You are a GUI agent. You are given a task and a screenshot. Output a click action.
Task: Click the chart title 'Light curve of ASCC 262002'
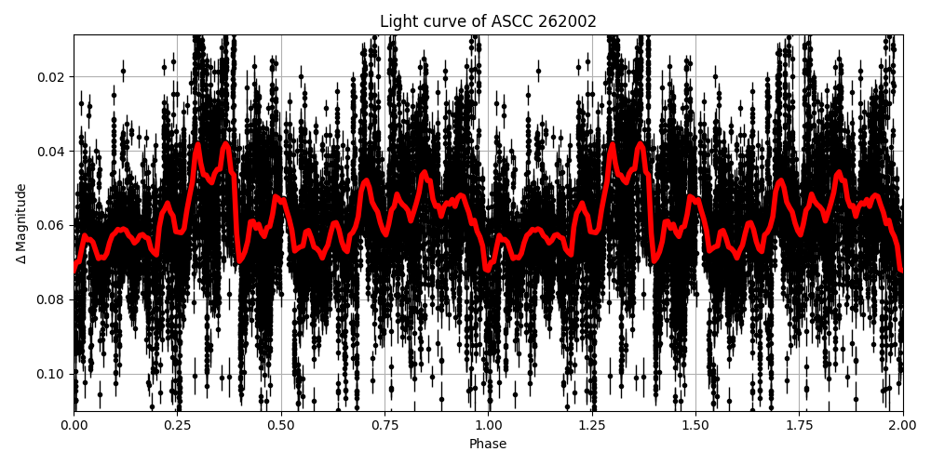click(488, 21)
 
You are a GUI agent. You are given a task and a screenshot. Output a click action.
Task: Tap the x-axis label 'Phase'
click(488, 445)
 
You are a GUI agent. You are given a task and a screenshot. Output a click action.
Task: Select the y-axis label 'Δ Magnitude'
click(20, 223)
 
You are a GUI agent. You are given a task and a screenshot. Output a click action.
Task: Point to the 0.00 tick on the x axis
click(74, 424)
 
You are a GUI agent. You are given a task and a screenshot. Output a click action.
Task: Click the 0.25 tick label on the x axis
click(178, 424)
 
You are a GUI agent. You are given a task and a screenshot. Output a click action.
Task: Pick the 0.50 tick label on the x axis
click(281, 424)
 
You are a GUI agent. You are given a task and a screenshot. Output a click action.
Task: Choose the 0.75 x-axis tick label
click(385, 424)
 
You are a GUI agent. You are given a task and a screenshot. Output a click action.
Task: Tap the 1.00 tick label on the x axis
click(488, 424)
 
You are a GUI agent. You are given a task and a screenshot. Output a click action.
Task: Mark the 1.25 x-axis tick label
click(592, 424)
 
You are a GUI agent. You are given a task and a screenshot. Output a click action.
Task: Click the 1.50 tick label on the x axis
click(695, 424)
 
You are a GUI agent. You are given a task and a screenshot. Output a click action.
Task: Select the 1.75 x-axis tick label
click(799, 424)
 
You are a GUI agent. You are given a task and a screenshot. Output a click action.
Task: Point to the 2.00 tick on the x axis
click(902, 424)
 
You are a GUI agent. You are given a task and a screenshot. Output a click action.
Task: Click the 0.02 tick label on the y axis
click(52, 77)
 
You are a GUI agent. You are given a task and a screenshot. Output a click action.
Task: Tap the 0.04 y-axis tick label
click(52, 152)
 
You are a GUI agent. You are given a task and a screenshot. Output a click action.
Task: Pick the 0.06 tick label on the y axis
click(52, 225)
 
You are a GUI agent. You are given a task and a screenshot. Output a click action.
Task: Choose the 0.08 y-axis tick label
click(52, 299)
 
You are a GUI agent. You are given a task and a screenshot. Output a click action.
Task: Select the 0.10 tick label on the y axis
click(52, 374)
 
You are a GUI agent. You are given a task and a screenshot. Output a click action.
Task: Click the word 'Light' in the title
click(397, 21)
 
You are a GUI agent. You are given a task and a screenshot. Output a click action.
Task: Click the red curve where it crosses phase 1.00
click(489, 268)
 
